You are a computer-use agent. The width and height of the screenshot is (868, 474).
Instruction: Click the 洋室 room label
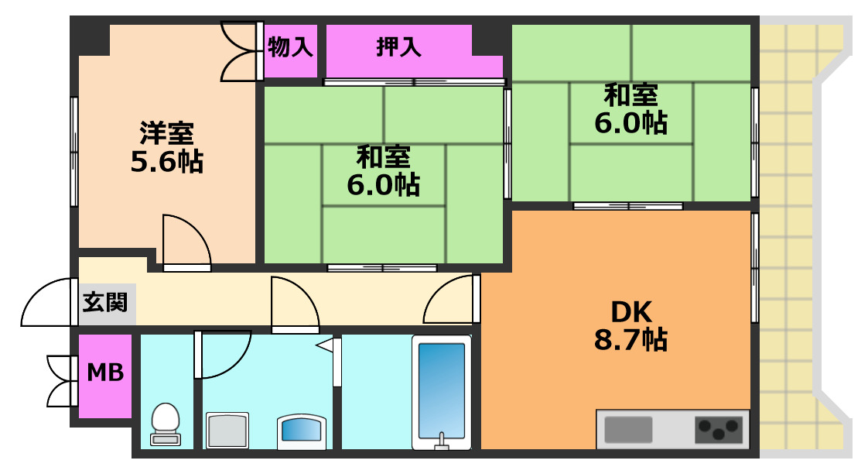click(x=166, y=132)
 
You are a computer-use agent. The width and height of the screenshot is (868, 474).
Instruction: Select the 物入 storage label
click(x=290, y=48)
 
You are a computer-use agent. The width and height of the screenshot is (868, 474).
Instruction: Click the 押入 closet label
click(x=398, y=48)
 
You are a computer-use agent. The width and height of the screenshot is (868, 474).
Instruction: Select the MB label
click(x=105, y=373)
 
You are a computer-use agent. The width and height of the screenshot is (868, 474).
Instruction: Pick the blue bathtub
click(x=443, y=391)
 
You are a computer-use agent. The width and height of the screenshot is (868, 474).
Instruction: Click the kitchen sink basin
click(x=628, y=428)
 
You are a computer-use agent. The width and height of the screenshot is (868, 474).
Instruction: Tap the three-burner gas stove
click(x=719, y=428)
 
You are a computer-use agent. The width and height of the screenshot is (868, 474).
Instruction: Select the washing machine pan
click(x=227, y=430)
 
